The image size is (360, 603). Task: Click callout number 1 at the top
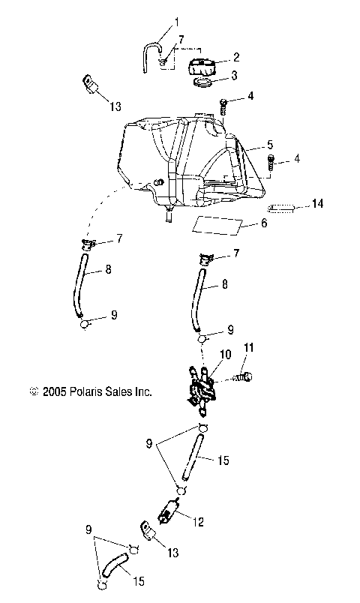[x=177, y=22]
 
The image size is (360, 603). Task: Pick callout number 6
[x=262, y=223]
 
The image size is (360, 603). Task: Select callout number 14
[x=317, y=203]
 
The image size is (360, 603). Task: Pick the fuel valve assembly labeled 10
[x=200, y=391]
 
